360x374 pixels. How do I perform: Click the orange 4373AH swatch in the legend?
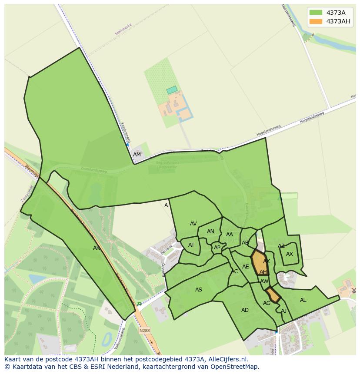(x=316, y=21)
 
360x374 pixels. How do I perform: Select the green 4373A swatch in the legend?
(x=316, y=13)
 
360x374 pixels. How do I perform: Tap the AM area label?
(x=137, y=155)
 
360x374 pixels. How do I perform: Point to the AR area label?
(x=97, y=248)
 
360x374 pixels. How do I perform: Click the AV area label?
(x=193, y=224)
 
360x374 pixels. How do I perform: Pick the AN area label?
(x=210, y=232)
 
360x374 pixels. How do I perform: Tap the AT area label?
(x=191, y=245)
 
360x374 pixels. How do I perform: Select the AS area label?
(x=199, y=290)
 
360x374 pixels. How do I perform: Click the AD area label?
(x=245, y=310)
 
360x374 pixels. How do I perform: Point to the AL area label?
(x=303, y=300)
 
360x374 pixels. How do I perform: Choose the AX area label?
(x=290, y=254)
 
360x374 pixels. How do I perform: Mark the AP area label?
(x=217, y=248)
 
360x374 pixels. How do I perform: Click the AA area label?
(x=230, y=235)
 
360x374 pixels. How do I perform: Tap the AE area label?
(x=246, y=267)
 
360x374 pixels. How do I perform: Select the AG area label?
(x=267, y=303)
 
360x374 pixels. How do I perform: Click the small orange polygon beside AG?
(x=273, y=295)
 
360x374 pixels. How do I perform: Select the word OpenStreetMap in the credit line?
(x=234, y=367)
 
